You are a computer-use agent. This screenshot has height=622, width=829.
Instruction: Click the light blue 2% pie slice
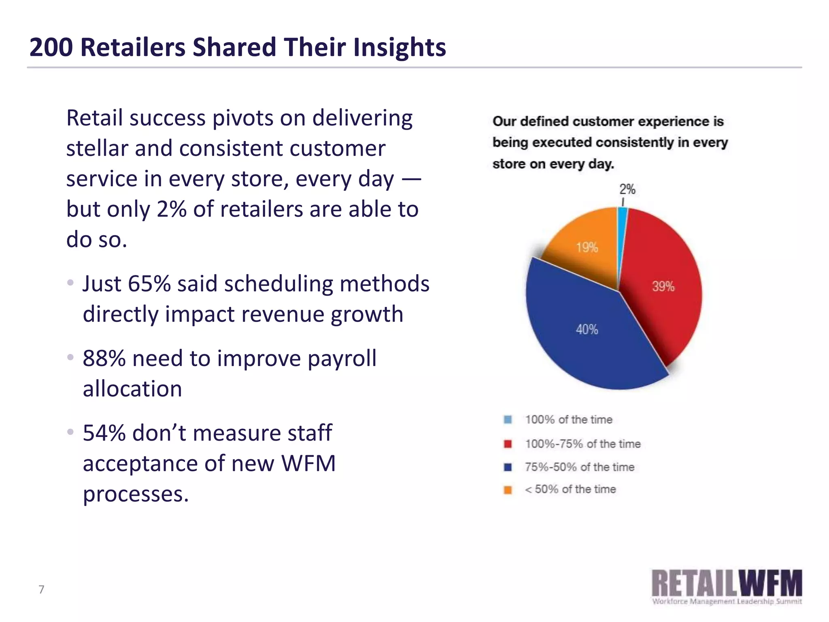[x=622, y=227]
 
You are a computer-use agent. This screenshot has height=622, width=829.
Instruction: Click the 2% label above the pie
[x=627, y=189]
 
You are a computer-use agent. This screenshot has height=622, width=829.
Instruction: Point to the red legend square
[x=508, y=444]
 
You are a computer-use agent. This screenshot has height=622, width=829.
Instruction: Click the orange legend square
[x=508, y=490]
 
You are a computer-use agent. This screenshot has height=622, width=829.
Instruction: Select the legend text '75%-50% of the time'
[x=579, y=467]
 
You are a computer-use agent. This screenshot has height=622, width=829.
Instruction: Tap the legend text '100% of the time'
[x=568, y=420]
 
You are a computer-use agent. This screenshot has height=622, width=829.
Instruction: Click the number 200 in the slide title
[x=51, y=47]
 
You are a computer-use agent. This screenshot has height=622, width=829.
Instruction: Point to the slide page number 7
[x=41, y=589]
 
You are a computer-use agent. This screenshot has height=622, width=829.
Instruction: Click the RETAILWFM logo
[x=727, y=586]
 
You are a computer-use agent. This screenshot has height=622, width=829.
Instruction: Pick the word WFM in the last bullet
[x=308, y=463]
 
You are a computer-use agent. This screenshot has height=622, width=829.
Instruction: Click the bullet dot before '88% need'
[x=70, y=357]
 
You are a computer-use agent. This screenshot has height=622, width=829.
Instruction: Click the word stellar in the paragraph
[x=97, y=148]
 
